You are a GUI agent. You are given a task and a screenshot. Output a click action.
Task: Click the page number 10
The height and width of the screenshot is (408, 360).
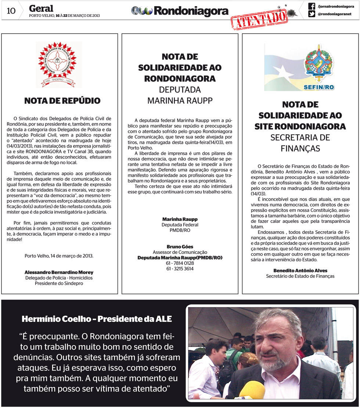pos(11,11)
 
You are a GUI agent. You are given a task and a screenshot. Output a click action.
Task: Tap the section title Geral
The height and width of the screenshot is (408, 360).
pos(41,8)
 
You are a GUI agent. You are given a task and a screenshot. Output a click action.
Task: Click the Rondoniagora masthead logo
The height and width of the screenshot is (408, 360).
pos(180,11)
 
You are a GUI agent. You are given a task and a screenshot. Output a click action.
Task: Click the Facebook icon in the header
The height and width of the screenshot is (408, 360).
pos(312,6)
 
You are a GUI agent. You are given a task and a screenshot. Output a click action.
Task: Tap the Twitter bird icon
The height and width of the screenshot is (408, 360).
pos(312,14)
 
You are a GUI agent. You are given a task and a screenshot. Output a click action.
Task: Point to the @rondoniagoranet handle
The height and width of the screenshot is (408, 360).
pos(334,14)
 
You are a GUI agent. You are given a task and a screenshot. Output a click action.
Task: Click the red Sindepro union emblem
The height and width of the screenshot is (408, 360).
pos(59,63)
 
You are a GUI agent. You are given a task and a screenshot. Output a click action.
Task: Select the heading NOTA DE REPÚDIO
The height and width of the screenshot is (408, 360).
pos(62,101)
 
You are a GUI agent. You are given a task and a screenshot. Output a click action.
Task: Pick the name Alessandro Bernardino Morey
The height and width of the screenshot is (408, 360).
pos(59,272)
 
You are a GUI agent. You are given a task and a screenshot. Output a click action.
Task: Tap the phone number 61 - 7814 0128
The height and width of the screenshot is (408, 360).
pos(180,263)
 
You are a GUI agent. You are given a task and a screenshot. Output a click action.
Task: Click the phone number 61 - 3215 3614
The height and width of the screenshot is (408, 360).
pos(180,269)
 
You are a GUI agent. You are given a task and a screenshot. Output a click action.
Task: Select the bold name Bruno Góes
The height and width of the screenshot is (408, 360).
pos(180,247)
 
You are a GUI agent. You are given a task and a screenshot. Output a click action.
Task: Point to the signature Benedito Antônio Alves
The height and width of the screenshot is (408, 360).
pos(300,270)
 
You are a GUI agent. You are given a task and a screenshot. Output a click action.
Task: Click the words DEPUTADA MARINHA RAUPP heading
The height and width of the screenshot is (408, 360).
pos(180,95)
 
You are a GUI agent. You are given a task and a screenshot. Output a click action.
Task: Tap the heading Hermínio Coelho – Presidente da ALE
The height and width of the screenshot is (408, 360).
pos(97,319)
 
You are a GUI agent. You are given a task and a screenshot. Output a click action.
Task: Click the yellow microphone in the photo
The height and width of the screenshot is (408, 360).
pos(251,390)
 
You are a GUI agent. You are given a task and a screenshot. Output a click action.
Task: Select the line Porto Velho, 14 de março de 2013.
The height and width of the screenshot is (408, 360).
pos(59,255)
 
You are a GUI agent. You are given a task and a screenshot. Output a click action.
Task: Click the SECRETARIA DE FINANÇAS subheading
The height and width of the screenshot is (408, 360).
pos(300,143)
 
